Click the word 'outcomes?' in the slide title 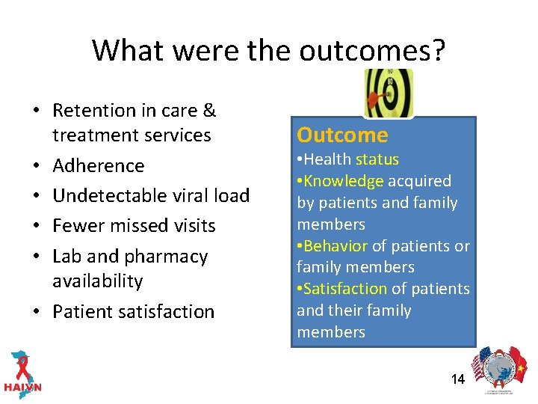pos(372,51)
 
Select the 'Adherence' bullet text pos(98,165)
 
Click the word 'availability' pos(97,281)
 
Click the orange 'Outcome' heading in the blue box pos(342,135)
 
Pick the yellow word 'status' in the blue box pos(377,159)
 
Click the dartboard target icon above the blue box pos(388,93)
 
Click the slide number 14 pos(457,379)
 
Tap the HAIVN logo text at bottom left pos(22,388)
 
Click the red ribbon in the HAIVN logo pos(22,362)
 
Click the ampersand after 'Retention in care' pos(208,111)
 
